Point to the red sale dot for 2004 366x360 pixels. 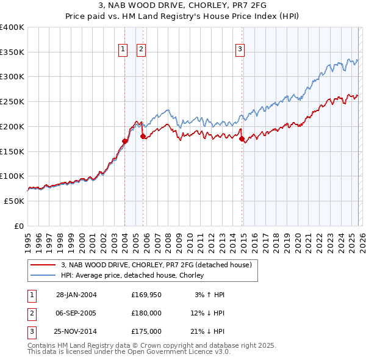(125, 141)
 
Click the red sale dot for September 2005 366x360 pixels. (143, 136)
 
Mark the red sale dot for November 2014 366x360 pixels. (242, 139)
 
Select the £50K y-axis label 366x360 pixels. (14, 201)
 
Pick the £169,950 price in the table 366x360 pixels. (146, 295)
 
